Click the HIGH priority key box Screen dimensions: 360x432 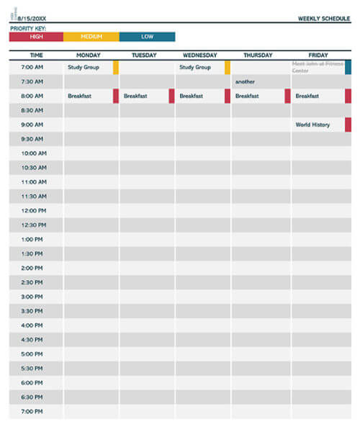[36, 37]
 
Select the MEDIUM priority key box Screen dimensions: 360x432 [91, 37]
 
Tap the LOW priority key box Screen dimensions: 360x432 [147, 37]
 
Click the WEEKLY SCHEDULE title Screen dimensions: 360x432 [324, 19]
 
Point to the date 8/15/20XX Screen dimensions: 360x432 [32, 19]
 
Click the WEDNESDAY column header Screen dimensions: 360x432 [200, 55]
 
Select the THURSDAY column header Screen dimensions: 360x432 [258, 55]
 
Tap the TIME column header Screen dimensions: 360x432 [36, 55]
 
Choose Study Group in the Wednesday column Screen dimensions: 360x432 [194, 68]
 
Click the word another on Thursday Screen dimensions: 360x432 [245, 82]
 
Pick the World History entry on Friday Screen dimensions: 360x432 [312, 125]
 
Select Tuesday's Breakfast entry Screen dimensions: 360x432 [135, 96]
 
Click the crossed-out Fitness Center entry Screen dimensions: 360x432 [317, 68]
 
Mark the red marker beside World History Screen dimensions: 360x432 [348, 125]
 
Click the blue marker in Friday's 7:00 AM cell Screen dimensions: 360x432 [348, 68]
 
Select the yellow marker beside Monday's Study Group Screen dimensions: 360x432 [116, 68]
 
